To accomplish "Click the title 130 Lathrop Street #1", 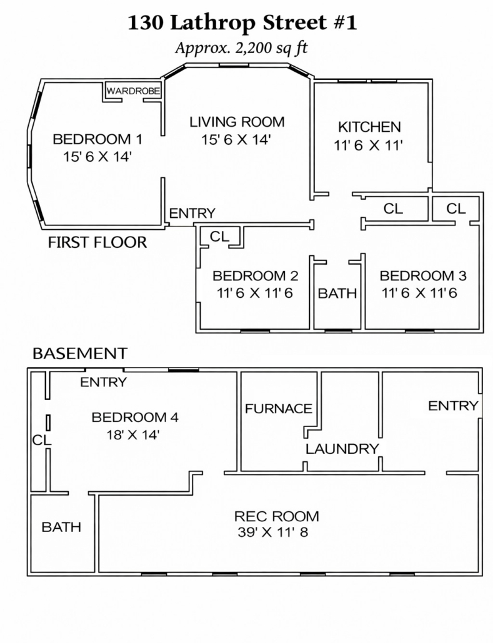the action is pyautogui.click(x=242, y=23).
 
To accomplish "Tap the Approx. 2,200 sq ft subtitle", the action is pyautogui.click(x=241, y=48).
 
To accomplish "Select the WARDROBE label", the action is pyautogui.click(x=133, y=91).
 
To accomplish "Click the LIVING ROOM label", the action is pyautogui.click(x=237, y=122).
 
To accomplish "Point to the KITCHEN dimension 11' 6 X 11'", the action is pyautogui.click(x=368, y=145).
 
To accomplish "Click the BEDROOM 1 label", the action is pyautogui.click(x=97, y=139).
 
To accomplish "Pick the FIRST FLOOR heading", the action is pyautogui.click(x=97, y=242).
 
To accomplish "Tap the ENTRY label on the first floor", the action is pyautogui.click(x=192, y=214).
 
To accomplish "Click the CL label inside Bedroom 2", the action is pyautogui.click(x=219, y=236).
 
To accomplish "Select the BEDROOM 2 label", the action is pyautogui.click(x=256, y=275).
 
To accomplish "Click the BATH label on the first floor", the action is pyautogui.click(x=337, y=293).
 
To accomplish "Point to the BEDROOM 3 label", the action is pyautogui.click(x=423, y=275).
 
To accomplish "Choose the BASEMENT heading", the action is pyautogui.click(x=80, y=353).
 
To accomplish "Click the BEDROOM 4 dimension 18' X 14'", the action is pyautogui.click(x=132, y=434).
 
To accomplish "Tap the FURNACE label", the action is pyautogui.click(x=279, y=408).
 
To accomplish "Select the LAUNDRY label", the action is pyautogui.click(x=342, y=449).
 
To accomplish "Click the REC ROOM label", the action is pyautogui.click(x=276, y=516).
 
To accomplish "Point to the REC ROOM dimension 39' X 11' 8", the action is pyautogui.click(x=272, y=533).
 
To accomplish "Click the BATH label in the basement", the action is pyautogui.click(x=61, y=527).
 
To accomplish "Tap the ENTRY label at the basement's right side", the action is pyautogui.click(x=453, y=406).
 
